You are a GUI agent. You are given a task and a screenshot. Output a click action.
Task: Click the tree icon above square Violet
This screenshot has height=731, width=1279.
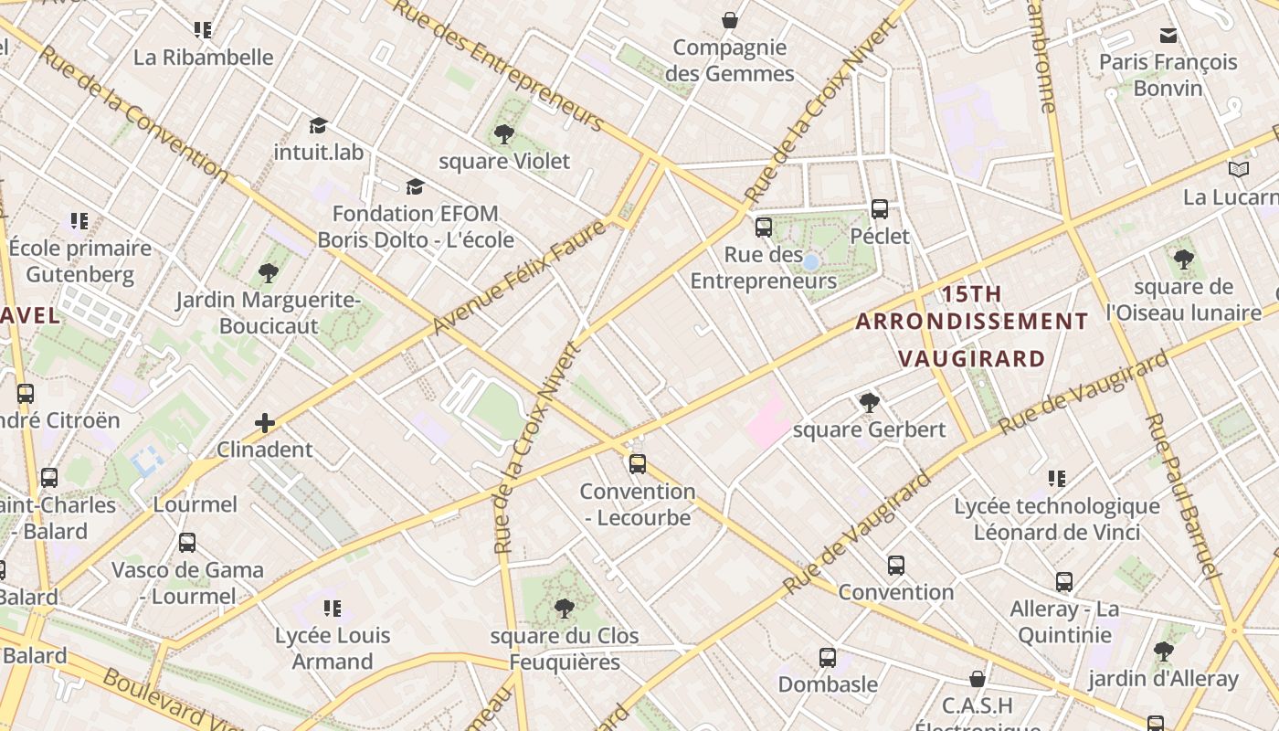pos(503,135)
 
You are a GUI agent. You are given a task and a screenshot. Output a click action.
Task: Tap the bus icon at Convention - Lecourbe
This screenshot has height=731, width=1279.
pos(638,464)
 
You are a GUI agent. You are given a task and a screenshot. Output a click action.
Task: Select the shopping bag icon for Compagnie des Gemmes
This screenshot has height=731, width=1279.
pos(730,20)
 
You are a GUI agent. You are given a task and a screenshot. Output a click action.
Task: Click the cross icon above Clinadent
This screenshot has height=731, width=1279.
pos(265,422)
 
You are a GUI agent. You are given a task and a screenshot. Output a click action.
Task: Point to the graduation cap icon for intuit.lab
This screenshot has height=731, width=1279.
pos(318,125)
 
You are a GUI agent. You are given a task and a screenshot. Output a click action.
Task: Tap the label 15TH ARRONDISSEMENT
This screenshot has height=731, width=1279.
pos(972,308)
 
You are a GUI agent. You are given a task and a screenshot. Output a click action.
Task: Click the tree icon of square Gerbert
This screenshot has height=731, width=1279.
pos(869,402)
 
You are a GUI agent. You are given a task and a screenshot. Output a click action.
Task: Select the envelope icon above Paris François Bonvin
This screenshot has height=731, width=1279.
pos(1168,36)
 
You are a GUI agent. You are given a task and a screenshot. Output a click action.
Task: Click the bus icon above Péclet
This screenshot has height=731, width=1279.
pos(880,209)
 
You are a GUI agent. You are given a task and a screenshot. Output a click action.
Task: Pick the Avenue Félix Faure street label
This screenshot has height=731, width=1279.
pos(519,277)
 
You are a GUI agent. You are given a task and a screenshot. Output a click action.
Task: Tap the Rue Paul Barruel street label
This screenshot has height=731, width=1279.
pos(1183,495)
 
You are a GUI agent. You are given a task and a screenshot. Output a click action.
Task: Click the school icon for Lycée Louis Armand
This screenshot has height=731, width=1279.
pos(333,609)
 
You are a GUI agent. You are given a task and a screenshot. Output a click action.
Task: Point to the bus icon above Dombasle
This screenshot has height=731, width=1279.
pos(827,658)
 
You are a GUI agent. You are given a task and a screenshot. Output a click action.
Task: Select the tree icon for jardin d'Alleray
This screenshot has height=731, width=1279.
pos(1163,652)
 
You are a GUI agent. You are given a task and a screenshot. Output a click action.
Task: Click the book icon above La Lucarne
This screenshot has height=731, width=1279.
pos(1238,170)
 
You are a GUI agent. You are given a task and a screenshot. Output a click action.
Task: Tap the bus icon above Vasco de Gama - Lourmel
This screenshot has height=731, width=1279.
pos(187,543)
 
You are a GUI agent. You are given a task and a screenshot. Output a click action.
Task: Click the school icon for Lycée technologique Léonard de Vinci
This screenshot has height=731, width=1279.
pos(1057,479)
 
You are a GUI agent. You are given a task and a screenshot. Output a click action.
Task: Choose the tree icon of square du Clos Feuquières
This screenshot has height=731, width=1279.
pos(564,609)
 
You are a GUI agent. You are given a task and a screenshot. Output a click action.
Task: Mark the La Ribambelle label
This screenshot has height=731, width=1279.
pos(203,57)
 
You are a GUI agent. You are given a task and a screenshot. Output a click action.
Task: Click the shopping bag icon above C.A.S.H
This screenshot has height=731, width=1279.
pos(978,679)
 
